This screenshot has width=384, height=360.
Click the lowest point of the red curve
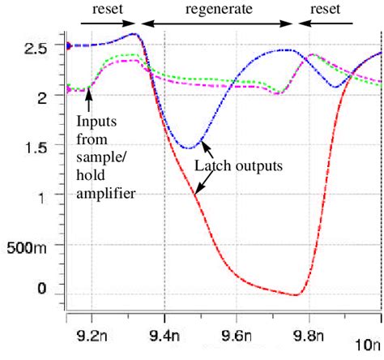pos(297,294)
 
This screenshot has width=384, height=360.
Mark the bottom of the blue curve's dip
pos(188,148)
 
